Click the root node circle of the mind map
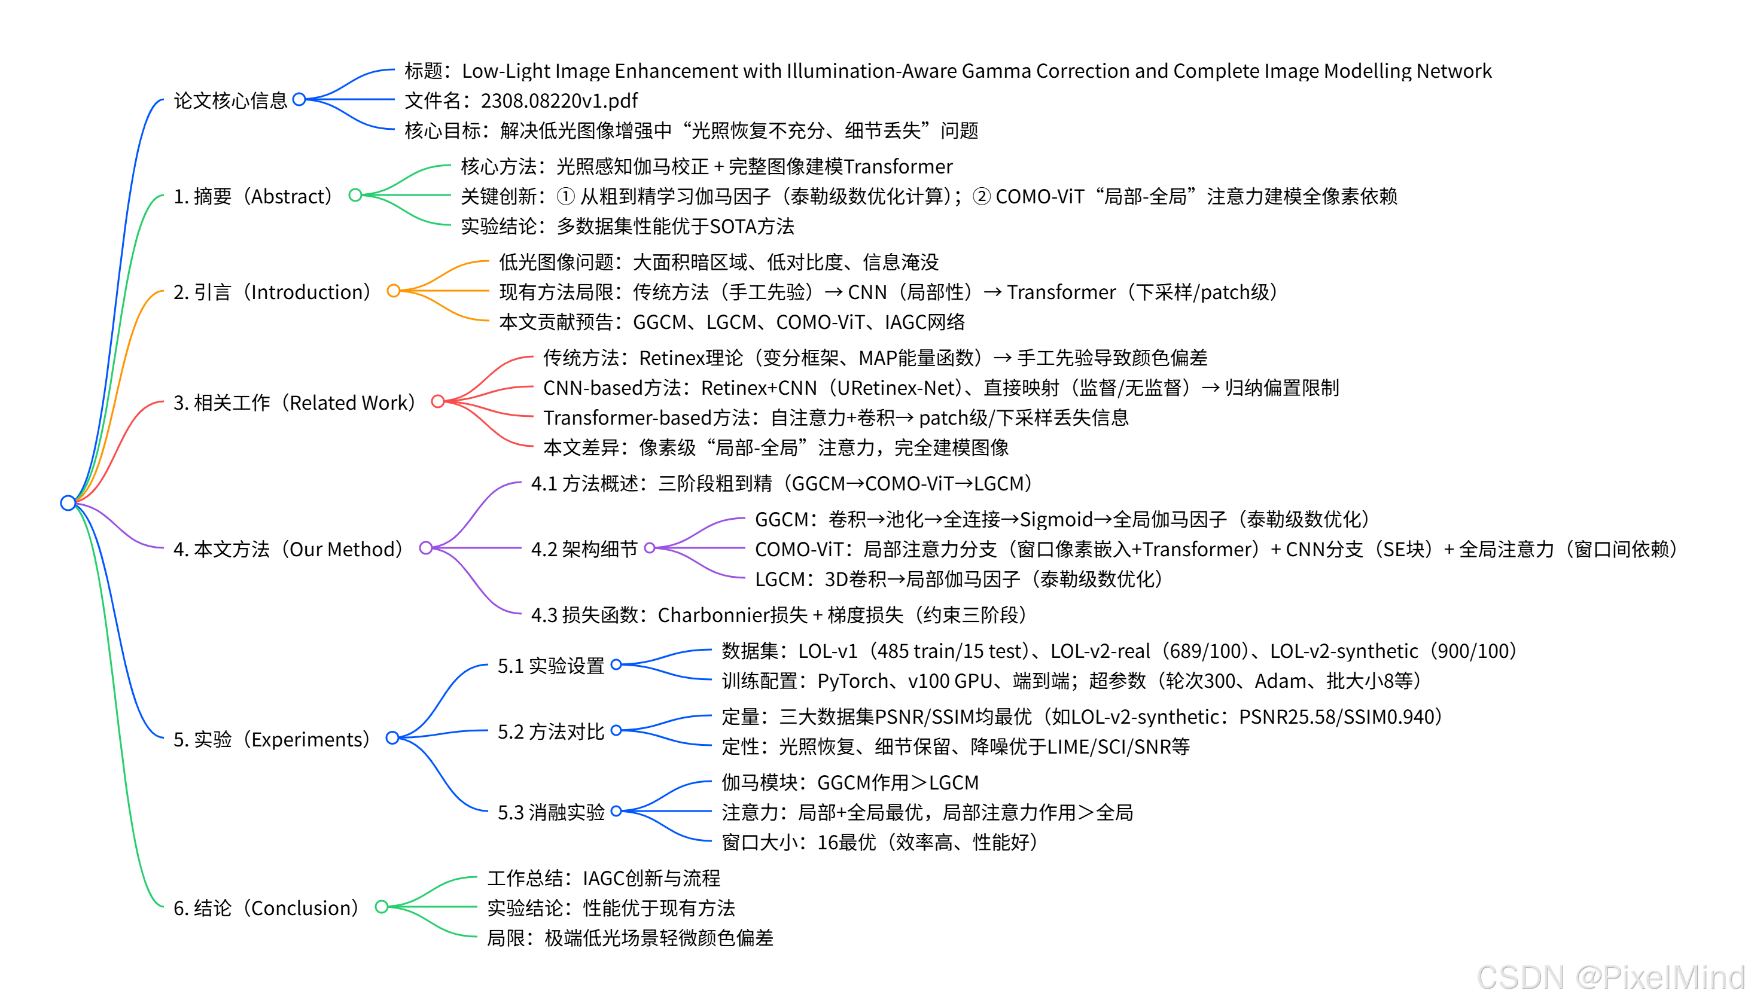pyautogui.click(x=68, y=502)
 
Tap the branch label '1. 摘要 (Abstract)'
pyautogui.click(x=253, y=196)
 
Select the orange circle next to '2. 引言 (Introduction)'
pyautogui.click(x=393, y=291)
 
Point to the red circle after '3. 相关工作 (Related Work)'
pyautogui.click(x=437, y=401)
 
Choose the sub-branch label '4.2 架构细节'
pyautogui.click(x=584, y=549)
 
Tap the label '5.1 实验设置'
pyautogui.click(x=550, y=666)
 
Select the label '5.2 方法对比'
pyautogui.click(x=550, y=731)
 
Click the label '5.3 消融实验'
pyautogui.click(x=550, y=813)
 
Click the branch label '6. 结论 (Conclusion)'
pyautogui.click(x=267, y=908)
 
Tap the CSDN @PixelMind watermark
pyautogui.click(x=1610, y=977)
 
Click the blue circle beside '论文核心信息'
pyautogui.click(x=299, y=99)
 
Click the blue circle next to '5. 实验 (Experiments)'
pyautogui.click(x=392, y=738)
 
